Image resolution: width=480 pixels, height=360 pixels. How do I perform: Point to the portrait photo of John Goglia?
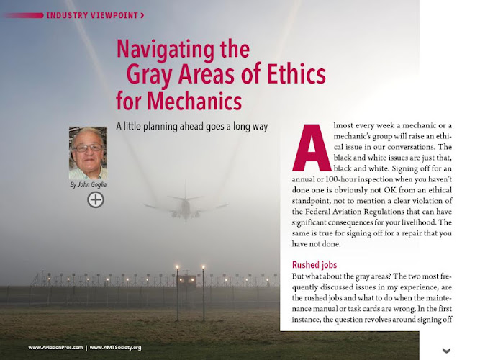tap(88, 153)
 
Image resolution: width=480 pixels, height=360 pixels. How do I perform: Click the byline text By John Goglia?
tap(88, 186)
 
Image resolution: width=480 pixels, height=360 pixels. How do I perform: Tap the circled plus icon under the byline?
tap(95, 199)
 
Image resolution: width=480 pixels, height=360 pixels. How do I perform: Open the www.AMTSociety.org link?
tap(115, 348)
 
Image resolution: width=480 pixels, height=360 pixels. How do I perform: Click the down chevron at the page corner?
tap(446, 351)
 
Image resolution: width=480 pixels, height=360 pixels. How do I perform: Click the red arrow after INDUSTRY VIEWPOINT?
tap(142, 14)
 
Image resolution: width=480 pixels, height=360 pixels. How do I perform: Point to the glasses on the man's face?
tap(88, 147)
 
